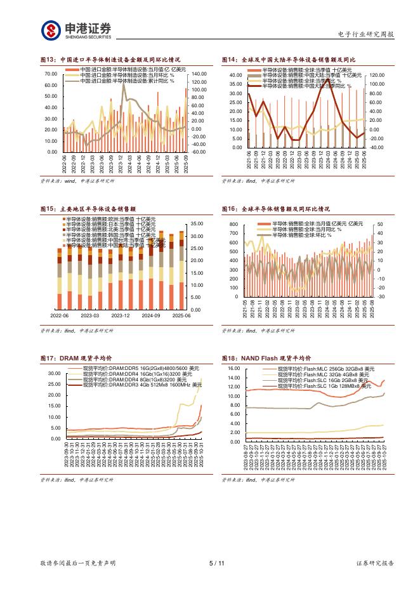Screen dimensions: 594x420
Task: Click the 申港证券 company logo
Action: pyautogui.click(x=76, y=29)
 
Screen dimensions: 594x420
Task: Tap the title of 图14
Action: pyautogui.click(x=288, y=60)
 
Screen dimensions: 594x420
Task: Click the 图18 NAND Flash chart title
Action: pyautogui.click(x=266, y=359)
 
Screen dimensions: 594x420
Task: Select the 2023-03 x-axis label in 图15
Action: pyautogui.click(x=89, y=315)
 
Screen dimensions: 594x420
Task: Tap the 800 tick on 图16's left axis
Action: pyautogui.click(x=233, y=225)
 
